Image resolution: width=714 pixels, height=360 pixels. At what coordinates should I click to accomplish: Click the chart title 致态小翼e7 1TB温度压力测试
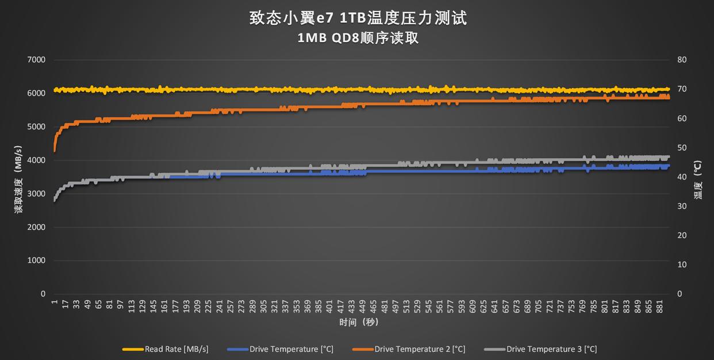point(358,18)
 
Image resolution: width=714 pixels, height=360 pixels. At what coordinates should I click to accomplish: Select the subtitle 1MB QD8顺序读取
point(358,39)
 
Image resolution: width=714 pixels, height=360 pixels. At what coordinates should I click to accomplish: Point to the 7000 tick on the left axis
point(36,60)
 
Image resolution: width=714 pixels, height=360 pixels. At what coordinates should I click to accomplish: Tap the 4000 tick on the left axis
point(36,160)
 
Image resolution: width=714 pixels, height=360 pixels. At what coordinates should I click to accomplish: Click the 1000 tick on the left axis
point(36,261)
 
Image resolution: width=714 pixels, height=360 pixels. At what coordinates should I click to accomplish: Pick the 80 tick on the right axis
point(682,60)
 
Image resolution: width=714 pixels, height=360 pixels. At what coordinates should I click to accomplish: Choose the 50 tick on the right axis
point(682,148)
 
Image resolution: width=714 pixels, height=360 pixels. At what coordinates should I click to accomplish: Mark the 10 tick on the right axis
point(682,265)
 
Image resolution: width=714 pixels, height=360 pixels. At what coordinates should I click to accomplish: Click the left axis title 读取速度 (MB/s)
point(18,177)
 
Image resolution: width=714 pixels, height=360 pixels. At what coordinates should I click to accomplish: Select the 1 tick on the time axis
point(55,302)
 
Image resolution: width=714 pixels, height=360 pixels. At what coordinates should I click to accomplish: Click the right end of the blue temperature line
point(668,166)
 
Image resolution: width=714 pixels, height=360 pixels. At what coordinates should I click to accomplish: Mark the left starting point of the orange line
point(55,151)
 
